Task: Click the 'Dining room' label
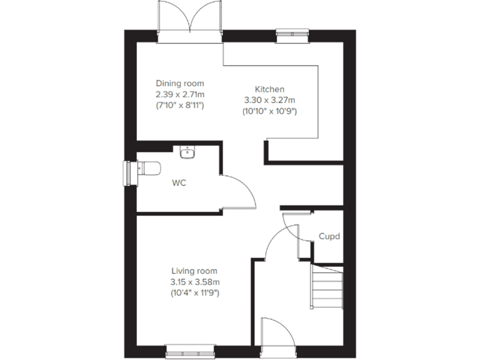coord(180,83)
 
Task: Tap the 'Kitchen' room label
coord(269,89)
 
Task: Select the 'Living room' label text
coord(194,271)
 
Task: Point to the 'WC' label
coord(179,184)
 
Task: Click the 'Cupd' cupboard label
coord(329,237)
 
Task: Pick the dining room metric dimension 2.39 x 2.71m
coord(180,94)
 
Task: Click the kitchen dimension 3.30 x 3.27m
coord(269,100)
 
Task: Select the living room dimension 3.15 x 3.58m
coord(194,281)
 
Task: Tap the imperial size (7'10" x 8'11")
coord(180,105)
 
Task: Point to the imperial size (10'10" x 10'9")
coord(269,111)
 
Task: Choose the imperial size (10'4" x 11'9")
coord(194,292)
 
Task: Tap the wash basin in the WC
coord(187,152)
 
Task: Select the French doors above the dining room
coord(190,22)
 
